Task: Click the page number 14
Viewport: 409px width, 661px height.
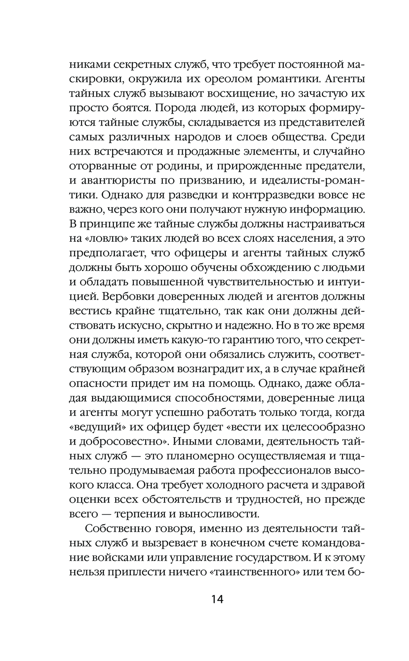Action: click(x=217, y=600)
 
